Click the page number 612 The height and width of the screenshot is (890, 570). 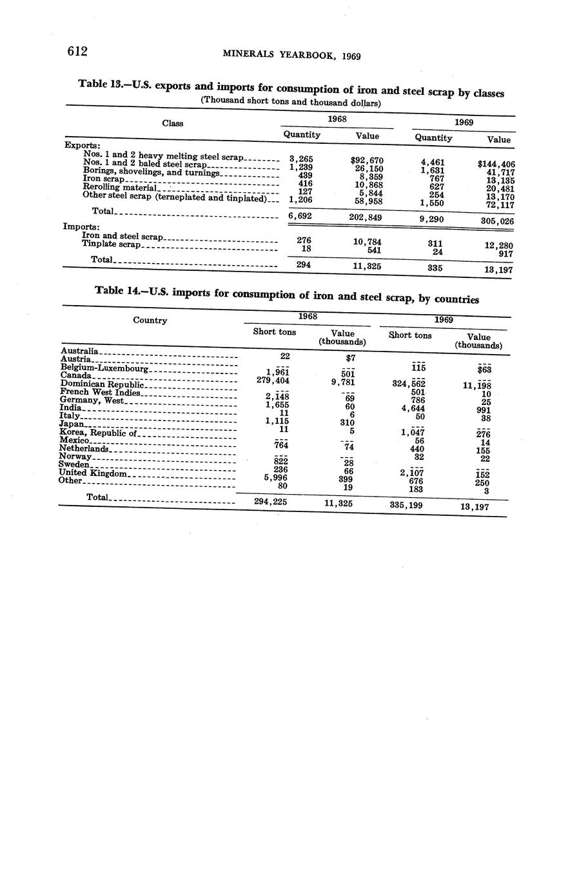tap(77, 52)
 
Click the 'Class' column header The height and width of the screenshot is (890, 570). tap(172, 123)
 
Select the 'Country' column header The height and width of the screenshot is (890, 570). tap(150, 321)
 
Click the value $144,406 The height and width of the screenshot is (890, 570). tap(496, 164)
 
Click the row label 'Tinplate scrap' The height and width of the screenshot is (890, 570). tap(111, 245)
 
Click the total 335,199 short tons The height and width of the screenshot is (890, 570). tap(407, 505)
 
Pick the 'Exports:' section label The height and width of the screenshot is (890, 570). tap(81, 145)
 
